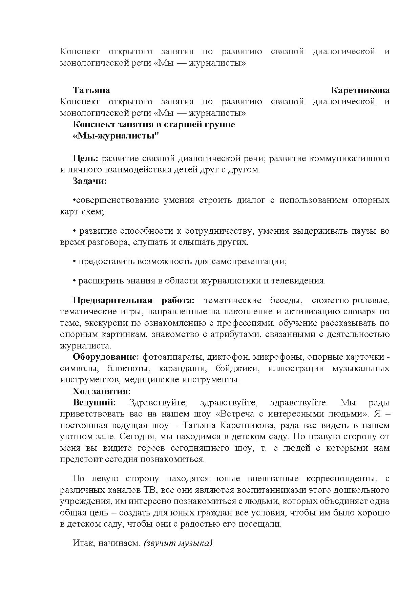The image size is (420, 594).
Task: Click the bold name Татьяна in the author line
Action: pyautogui.click(x=91, y=90)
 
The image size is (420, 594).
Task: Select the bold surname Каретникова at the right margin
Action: pyautogui.click(x=360, y=90)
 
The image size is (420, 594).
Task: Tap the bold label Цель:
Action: pyautogui.click(x=85, y=158)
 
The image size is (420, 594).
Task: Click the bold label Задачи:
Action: pyautogui.click(x=90, y=181)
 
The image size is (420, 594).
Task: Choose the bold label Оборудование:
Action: pyautogui.click(x=106, y=357)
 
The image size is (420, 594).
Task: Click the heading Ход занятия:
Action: pyautogui.click(x=102, y=391)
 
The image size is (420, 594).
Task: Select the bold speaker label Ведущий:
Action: pyautogui.click(x=94, y=403)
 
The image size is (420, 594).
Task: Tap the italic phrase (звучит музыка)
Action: pyautogui.click(x=178, y=544)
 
